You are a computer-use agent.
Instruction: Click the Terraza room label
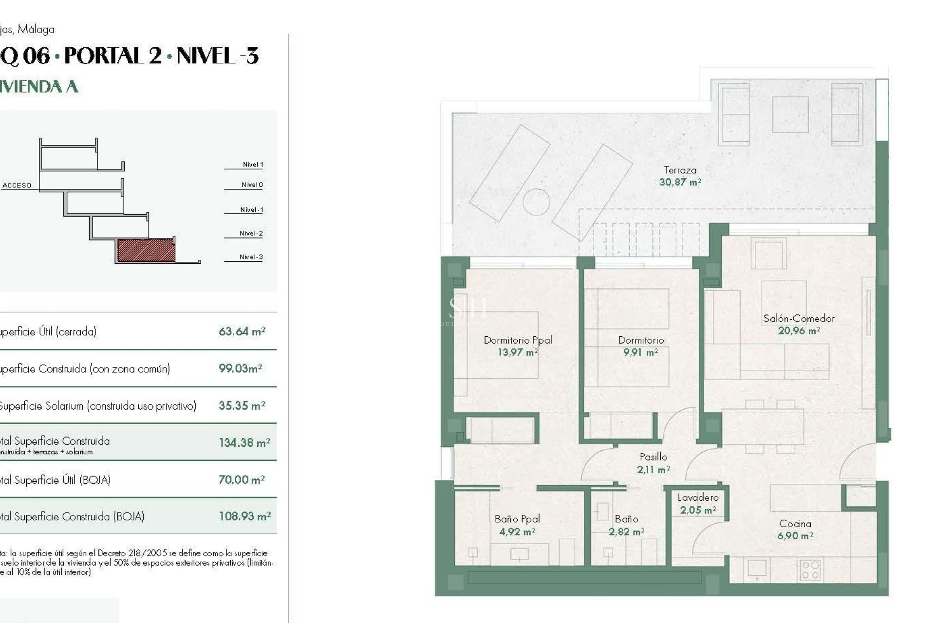[680, 170]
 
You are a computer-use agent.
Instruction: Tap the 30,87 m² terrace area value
[680, 183]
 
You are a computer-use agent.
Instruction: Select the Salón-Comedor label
[799, 319]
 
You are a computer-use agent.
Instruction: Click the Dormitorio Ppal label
[518, 340]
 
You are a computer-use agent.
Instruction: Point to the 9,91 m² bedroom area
[640, 352]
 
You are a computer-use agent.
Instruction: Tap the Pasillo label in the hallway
[653, 457]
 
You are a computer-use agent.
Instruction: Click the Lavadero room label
[698, 497]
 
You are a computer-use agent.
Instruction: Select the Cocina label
[795, 524]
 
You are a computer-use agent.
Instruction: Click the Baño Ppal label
[517, 519]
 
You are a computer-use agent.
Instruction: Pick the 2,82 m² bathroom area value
[626, 532]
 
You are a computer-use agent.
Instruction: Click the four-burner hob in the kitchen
[810, 569]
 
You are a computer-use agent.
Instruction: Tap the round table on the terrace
[536, 202]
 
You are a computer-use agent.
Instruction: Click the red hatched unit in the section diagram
[146, 250]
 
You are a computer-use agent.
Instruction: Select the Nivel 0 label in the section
[252, 185]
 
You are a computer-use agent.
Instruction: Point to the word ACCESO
[17, 185]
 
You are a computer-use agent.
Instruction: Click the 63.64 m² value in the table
[242, 331]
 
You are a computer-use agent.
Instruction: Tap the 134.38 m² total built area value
[244, 442]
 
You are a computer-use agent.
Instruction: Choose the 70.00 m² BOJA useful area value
[242, 480]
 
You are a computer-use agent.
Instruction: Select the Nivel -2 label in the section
[251, 234]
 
